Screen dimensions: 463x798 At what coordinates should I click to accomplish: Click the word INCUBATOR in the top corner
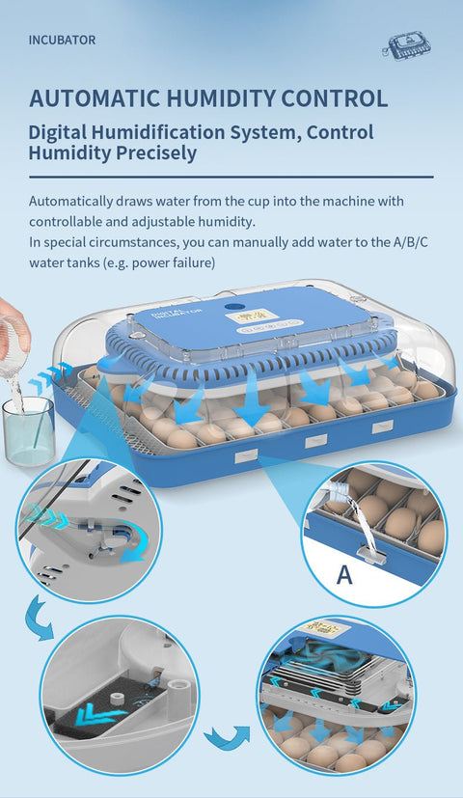click(x=62, y=41)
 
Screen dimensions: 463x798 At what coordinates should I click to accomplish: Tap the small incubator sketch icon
click(x=406, y=45)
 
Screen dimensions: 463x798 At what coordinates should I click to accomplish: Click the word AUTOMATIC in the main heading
click(x=95, y=98)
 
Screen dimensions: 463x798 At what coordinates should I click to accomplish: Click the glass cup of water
click(x=29, y=430)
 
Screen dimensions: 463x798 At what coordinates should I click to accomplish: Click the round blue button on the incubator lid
click(x=234, y=307)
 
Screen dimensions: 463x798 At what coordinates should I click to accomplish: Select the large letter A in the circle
click(x=344, y=574)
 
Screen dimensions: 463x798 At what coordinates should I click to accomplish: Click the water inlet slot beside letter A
click(x=368, y=552)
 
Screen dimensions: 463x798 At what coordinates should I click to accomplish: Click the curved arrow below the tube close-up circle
click(x=39, y=618)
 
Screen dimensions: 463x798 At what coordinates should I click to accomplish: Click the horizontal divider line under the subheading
click(x=231, y=178)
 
